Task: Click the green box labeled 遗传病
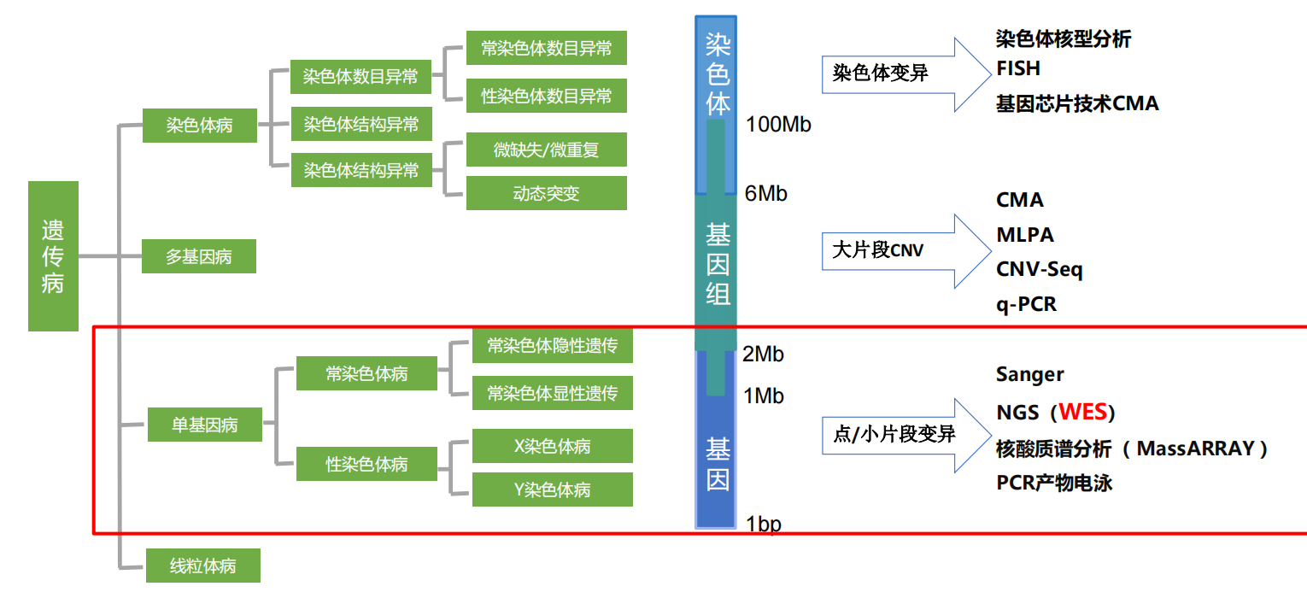[53, 256]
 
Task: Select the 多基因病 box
[199, 256]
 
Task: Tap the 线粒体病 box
[203, 566]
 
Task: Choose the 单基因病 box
[205, 425]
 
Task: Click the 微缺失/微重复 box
[547, 149]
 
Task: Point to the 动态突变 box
[547, 193]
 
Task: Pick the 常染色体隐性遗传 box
[553, 346]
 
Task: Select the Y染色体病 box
[553, 490]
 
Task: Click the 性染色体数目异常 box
[547, 96]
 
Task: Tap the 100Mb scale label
[778, 125]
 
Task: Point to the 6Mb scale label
[766, 194]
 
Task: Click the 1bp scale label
[764, 524]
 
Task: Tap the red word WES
[1083, 413]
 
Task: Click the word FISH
[1018, 68]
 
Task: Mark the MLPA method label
[1025, 235]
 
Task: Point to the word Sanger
[1030, 374]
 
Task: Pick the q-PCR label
[1027, 304]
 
